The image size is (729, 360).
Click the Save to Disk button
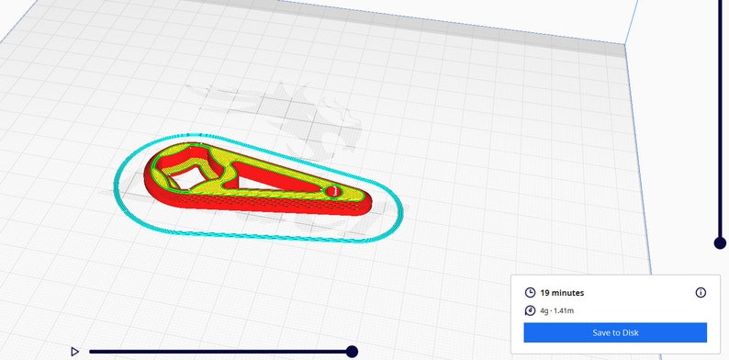[x=614, y=332]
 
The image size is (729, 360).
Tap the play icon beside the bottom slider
[x=74, y=351]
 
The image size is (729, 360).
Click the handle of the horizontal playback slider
[x=352, y=351]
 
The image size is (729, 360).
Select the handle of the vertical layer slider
[x=720, y=242]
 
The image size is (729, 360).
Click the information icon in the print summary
[x=701, y=293]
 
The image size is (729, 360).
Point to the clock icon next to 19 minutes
[x=530, y=293]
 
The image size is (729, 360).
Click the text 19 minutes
[x=562, y=293]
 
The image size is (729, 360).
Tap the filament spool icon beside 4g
[x=530, y=311]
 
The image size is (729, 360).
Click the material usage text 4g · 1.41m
[x=557, y=311]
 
